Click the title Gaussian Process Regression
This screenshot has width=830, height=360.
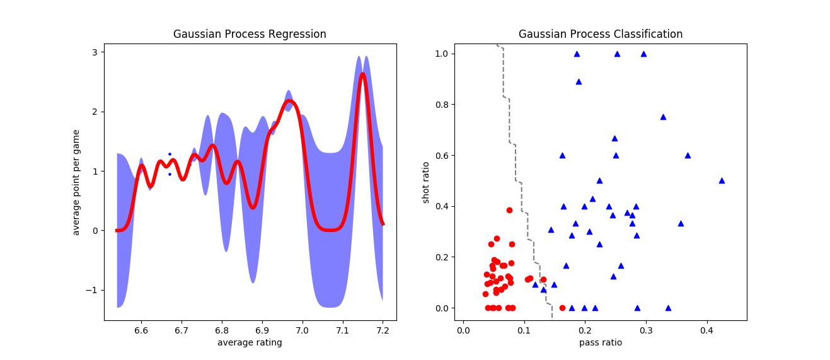coord(250,34)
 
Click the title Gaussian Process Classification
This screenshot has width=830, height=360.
coord(601,34)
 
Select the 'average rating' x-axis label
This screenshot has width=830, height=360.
coord(250,342)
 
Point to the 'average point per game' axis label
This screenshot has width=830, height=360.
coord(76,182)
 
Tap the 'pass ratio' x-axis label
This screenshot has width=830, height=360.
coord(601,342)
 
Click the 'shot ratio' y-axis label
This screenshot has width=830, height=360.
coord(426,182)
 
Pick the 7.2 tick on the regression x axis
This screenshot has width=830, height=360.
coord(383,330)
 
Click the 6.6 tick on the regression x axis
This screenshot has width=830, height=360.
coord(141,330)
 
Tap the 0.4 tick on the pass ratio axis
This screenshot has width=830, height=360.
coord(706,330)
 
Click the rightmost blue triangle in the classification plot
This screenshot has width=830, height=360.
coord(722,180)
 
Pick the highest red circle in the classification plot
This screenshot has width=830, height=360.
coord(509,210)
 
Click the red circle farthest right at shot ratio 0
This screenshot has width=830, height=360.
coord(562,308)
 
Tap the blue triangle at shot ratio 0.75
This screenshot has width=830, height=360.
coord(663,117)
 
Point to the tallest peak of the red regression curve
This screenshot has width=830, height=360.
coord(362,74)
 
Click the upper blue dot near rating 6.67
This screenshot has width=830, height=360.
coord(170,154)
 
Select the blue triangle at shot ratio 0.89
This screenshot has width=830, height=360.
coord(579,81)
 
